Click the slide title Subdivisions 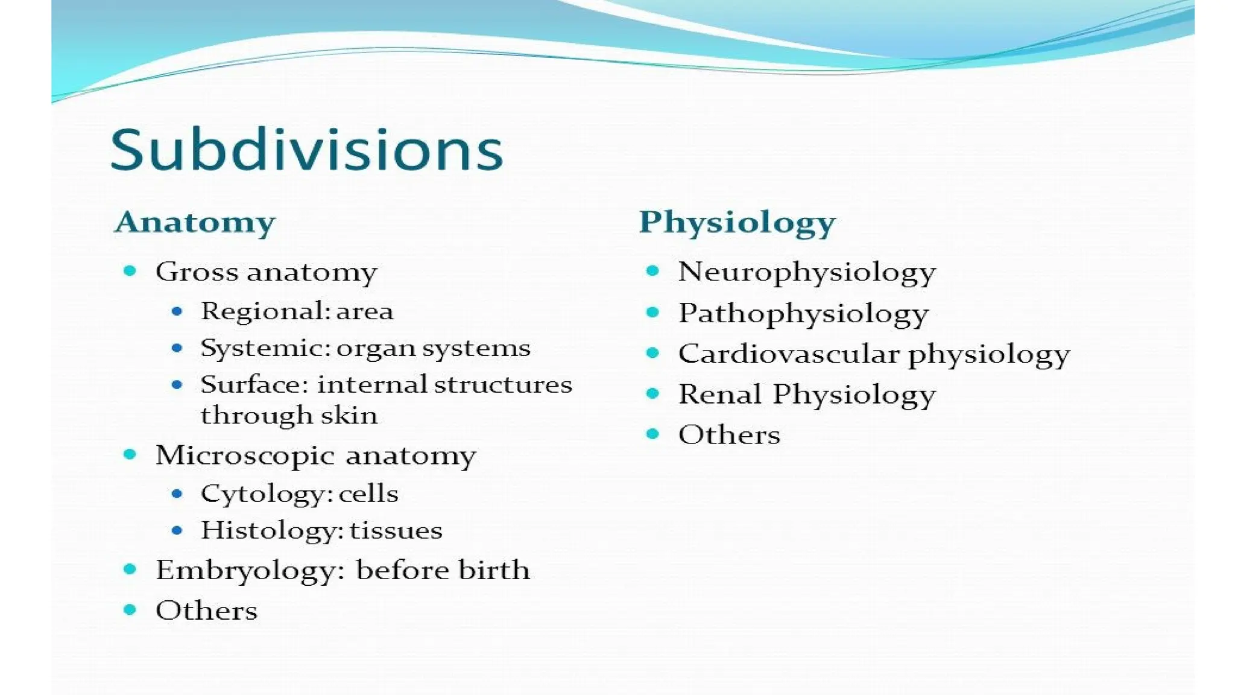tap(306, 150)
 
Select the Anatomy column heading tap(195, 222)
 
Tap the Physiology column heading tap(738, 222)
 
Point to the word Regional tap(264, 311)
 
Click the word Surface tap(254, 384)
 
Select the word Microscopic tap(244, 455)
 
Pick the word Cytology tap(265, 494)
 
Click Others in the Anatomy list tap(206, 611)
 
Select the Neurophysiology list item tap(807, 272)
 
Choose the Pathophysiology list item tap(803, 314)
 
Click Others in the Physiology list tap(729, 435)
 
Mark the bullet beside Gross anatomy tap(130, 271)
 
